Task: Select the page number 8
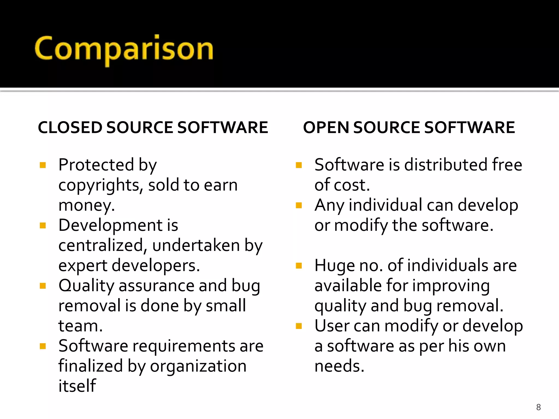pyautogui.click(x=538, y=407)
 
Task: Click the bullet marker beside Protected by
pyautogui.click(x=43, y=165)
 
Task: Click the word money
pyautogui.click(x=86, y=205)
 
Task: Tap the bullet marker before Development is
pyautogui.click(x=43, y=226)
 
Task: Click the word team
pyautogui.click(x=80, y=326)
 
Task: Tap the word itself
pyautogui.click(x=77, y=386)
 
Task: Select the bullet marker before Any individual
pyautogui.click(x=299, y=205)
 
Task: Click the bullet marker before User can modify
pyautogui.click(x=299, y=326)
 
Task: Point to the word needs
pyautogui.click(x=339, y=366)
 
